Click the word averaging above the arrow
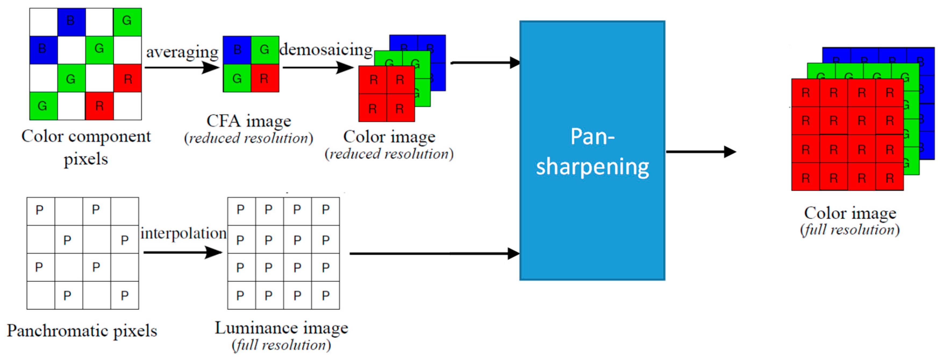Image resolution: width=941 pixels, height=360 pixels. [x=182, y=52]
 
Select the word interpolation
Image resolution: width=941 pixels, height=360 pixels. [x=183, y=233]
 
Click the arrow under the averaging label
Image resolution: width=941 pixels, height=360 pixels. [x=181, y=67]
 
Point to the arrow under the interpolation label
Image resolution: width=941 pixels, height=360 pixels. [x=183, y=252]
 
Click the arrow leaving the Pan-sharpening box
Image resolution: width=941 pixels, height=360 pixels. [x=701, y=152]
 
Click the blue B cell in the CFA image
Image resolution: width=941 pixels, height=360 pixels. [x=237, y=50]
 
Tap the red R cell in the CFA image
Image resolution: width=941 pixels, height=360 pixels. [x=265, y=78]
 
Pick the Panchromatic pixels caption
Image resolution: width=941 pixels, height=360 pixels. [x=82, y=331]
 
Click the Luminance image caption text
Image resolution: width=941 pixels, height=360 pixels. [x=281, y=328]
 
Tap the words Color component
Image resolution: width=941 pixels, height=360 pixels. [x=86, y=136]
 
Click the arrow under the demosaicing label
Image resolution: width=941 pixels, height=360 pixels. [x=318, y=67]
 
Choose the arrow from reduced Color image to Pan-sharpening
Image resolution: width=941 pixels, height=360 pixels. [x=485, y=63]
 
